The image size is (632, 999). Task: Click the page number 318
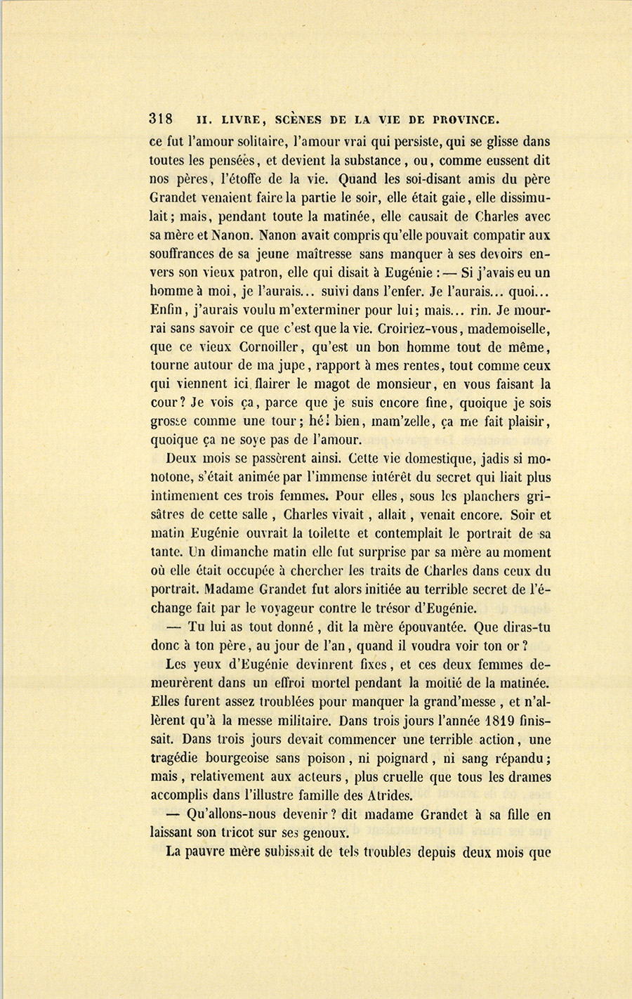[x=162, y=119]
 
